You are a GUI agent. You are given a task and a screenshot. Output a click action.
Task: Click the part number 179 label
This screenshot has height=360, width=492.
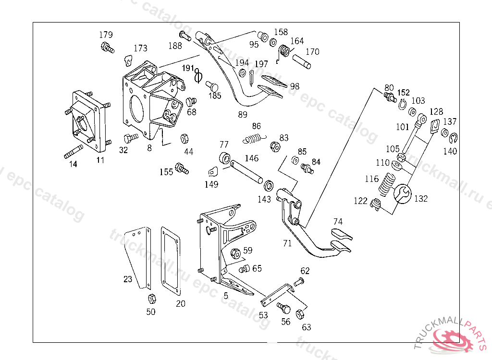[106, 35]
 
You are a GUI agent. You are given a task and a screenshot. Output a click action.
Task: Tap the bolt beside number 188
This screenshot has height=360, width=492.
[185, 36]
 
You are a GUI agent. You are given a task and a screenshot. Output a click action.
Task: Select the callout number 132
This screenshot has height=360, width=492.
[421, 198]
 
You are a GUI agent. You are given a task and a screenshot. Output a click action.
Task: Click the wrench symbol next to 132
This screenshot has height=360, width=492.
[403, 194]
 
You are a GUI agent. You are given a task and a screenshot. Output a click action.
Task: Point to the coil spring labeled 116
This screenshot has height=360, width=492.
[388, 184]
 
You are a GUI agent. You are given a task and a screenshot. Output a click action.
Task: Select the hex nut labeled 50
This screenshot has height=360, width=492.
[151, 299]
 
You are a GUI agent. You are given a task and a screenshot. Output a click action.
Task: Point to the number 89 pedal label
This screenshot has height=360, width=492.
[243, 115]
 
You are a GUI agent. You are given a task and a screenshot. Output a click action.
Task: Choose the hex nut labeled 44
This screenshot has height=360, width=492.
[184, 139]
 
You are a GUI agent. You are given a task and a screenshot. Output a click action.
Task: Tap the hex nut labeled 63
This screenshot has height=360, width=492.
[300, 315]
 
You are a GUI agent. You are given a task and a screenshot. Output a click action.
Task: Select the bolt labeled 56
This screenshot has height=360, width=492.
[283, 307]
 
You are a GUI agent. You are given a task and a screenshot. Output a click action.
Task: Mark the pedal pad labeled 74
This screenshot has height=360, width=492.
[341, 235]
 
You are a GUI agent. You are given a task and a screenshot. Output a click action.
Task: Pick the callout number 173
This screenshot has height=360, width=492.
[140, 48]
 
